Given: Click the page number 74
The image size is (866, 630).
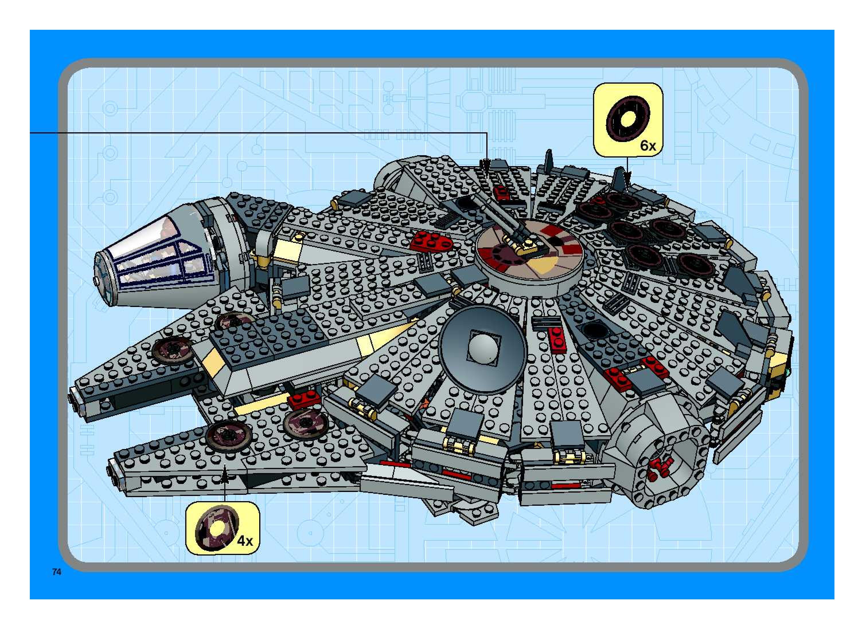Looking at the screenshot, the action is [x=56, y=572].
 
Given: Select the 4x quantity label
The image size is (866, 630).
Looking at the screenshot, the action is [x=245, y=541].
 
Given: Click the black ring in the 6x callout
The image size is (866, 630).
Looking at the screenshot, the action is [x=628, y=119].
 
